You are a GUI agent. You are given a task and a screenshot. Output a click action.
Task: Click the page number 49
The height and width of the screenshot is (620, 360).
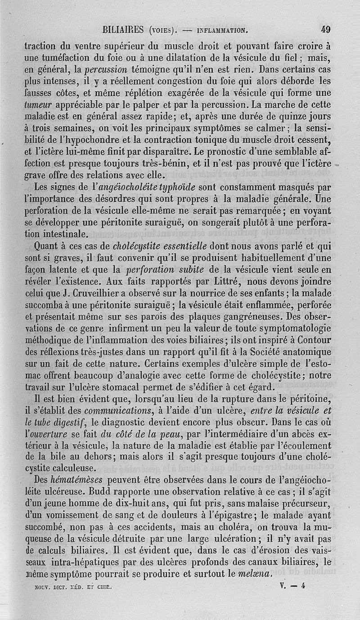(x=326, y=30)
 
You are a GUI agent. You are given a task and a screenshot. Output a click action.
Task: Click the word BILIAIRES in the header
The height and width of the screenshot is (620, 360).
(x=123, y=30)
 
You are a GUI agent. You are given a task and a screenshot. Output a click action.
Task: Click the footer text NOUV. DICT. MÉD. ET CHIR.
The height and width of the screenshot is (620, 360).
(x=68, y=587)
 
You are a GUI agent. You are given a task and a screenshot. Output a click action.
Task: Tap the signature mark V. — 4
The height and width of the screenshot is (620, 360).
(x=292, y=586)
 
